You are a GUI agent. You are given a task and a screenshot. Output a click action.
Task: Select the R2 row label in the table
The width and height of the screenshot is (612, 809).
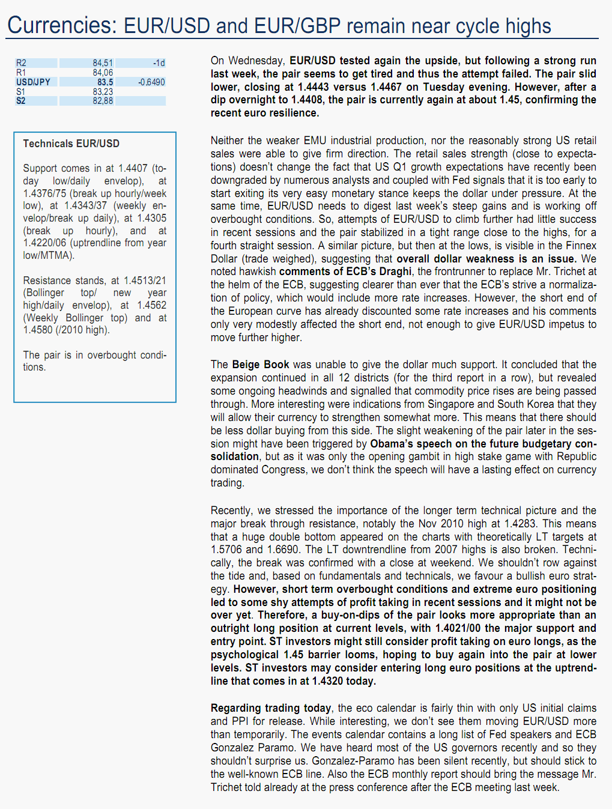22,63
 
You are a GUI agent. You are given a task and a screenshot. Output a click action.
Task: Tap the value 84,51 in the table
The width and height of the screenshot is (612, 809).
103,63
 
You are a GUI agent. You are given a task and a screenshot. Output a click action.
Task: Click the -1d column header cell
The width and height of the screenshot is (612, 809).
159,63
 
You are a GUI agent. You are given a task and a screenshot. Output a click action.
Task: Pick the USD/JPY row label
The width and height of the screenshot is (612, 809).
33,82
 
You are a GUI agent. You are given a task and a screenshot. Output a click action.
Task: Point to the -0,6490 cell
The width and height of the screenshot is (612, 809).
151,82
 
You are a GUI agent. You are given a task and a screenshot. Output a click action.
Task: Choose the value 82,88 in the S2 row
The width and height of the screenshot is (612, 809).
103,101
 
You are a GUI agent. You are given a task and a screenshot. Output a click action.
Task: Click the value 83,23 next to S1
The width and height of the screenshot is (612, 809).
103,92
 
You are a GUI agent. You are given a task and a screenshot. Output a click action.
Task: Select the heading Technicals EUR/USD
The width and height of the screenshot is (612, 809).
71,144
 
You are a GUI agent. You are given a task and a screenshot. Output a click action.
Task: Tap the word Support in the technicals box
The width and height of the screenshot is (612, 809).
40,168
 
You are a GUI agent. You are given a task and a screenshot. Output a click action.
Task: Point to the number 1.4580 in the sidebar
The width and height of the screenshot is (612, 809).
38,330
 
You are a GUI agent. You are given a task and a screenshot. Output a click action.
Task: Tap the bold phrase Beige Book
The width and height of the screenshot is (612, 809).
261,365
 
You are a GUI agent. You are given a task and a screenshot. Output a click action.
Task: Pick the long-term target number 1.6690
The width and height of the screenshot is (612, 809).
282,550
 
